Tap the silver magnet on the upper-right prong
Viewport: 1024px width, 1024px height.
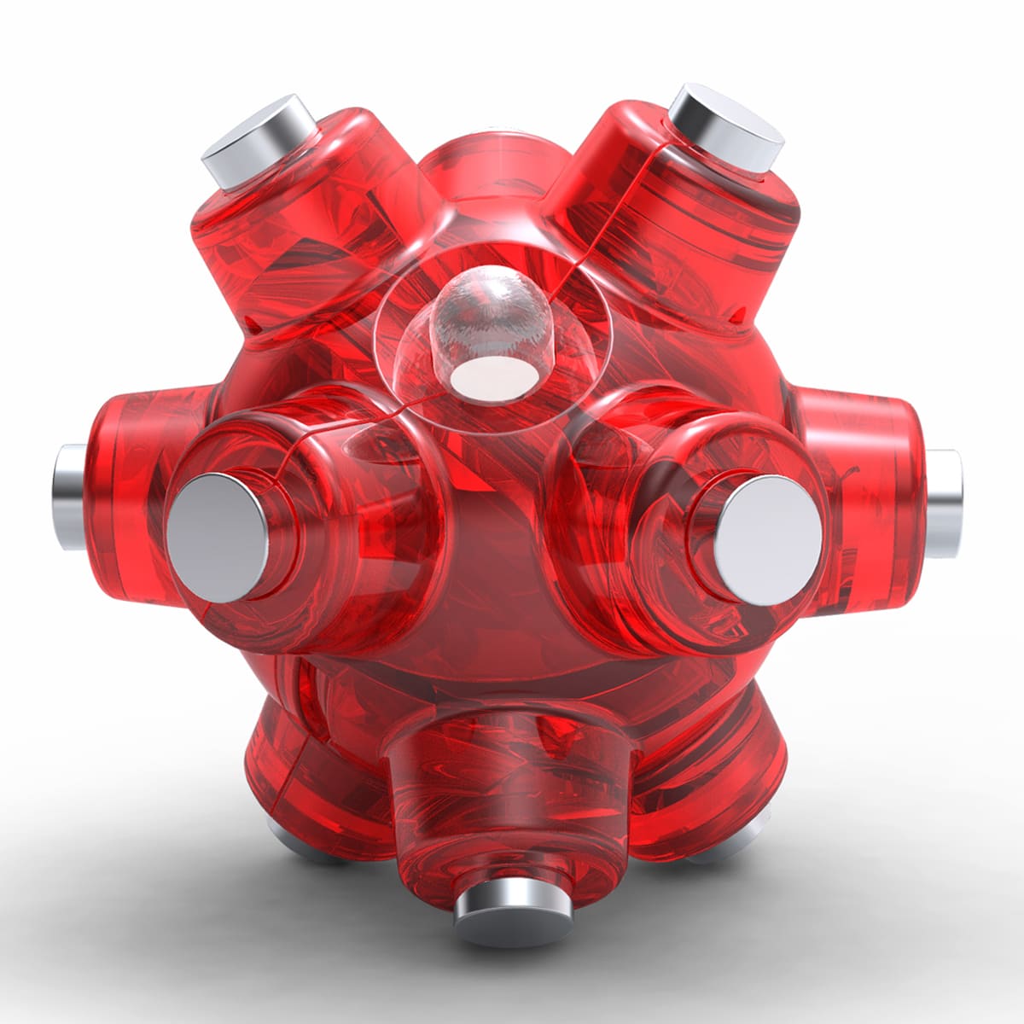[x=726, y=124]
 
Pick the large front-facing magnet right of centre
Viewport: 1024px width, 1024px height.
[x=769, y=529]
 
